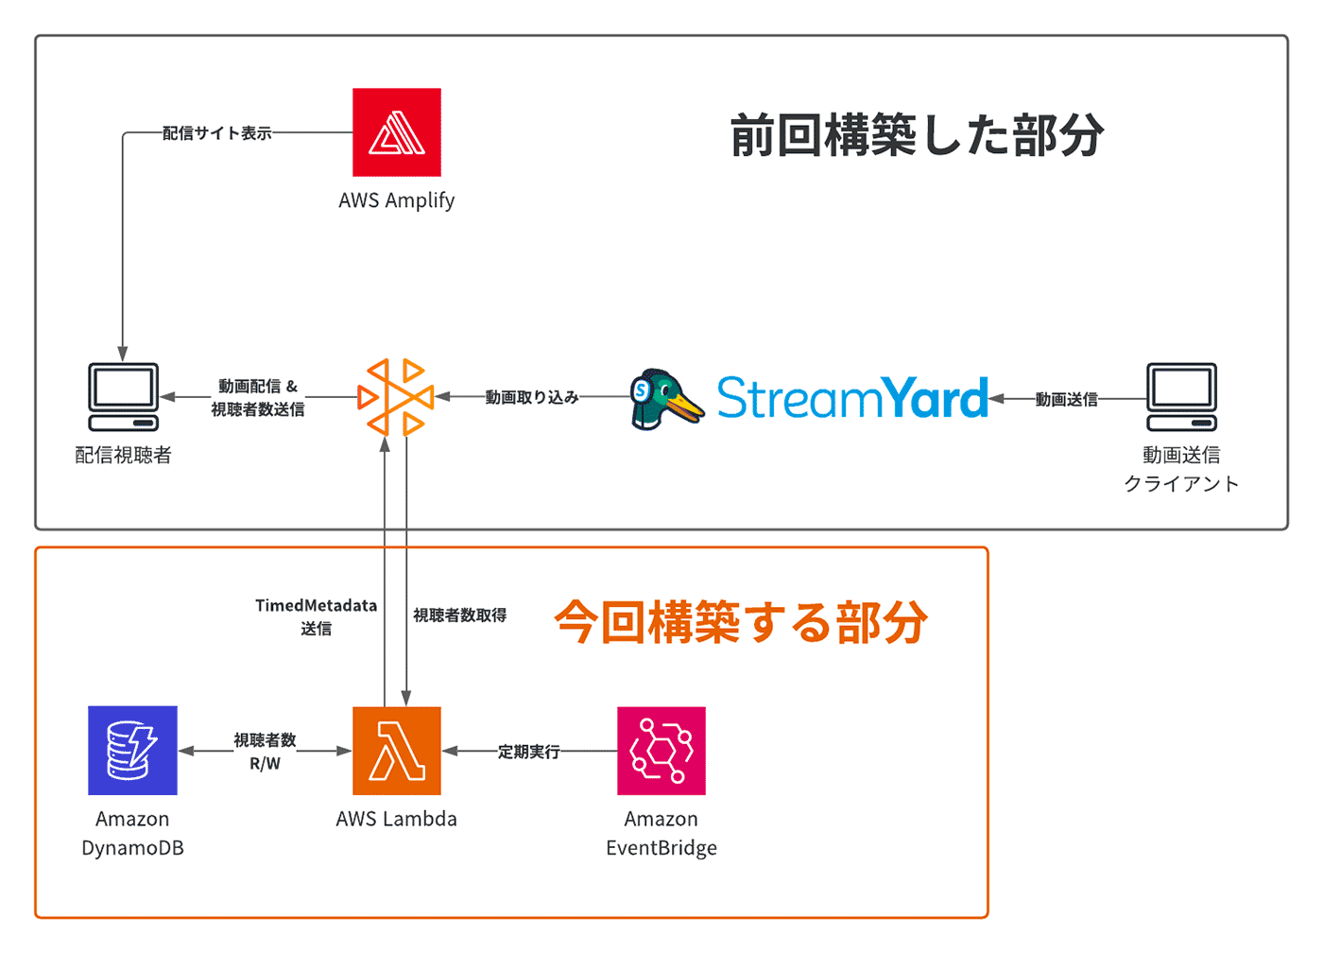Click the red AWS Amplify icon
coord(397,132)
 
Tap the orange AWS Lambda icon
coord(397,751)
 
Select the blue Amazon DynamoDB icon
coord(132,751)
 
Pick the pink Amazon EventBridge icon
coord(661,751)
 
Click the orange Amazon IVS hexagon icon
coord(396,397)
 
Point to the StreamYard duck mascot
coord(666,399)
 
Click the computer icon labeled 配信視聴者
coord(124,397)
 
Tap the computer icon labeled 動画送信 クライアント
coord(1182,397)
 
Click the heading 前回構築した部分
coord(917,135)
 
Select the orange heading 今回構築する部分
coord(741,621)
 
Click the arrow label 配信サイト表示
coord(216,133)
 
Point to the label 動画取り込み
coord(531,397)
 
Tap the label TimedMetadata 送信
coord(316,616)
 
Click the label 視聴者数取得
coord(459,615)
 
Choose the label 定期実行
coord(528,752)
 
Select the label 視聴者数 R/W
coord(265,752)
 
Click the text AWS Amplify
coord(396,200)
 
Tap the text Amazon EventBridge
coord(661,833)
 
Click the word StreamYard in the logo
coord(852,397)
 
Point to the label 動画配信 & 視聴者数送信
coord(257,397)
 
